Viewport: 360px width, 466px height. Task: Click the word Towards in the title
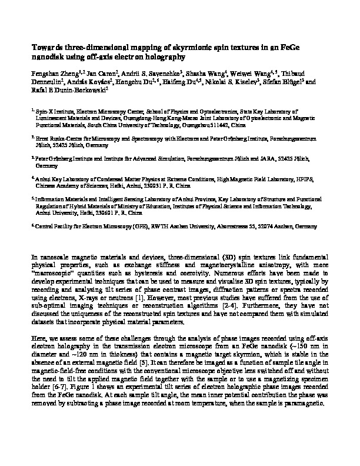pos(45,48)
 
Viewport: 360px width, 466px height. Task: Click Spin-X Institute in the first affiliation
pos(51,110)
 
